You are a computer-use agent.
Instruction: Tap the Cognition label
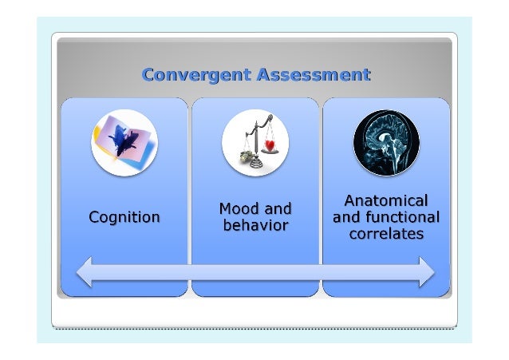point(124,216)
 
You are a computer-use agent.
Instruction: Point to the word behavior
point(254,226)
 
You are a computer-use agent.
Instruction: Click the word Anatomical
point(385,200)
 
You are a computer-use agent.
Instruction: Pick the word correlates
point(385,235)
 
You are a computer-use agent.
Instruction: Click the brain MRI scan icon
point(386,143)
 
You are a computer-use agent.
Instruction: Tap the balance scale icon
point(254,143)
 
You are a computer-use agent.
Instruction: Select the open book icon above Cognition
point(124,143)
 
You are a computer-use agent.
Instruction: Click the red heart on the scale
point(270,144)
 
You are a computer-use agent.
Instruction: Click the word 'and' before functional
point(346,217)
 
